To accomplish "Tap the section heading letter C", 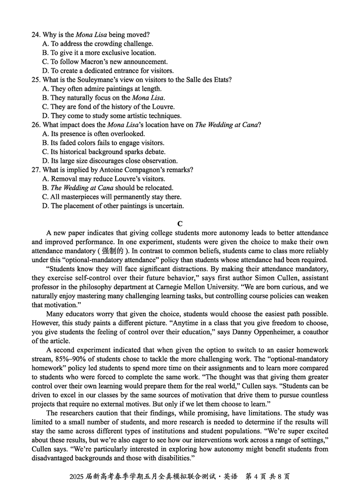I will (180, 224).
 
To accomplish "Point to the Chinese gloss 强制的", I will (114, 251).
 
